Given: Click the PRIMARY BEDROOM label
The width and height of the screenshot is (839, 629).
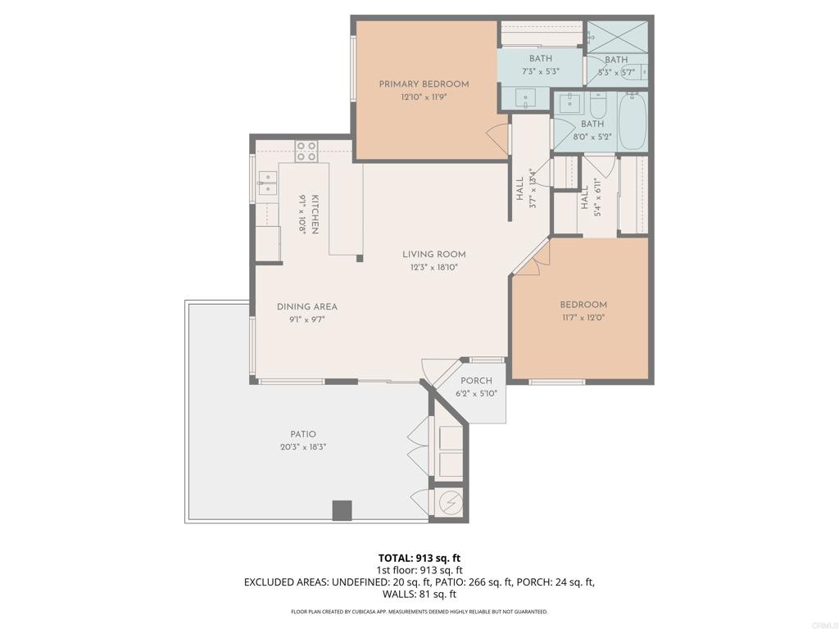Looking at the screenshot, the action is tap(424, 84).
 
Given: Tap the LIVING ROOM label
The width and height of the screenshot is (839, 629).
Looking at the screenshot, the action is tap(434, 255).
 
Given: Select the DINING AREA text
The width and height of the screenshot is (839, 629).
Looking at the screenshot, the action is tap(307, 307).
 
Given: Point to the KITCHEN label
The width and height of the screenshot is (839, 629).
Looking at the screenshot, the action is tap(315, 214).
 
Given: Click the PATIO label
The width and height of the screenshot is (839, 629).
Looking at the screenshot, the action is tap(303, 434).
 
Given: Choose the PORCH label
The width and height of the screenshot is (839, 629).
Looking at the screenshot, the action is tap(476, 381).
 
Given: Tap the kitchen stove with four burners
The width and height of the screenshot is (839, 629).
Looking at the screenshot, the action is tap(306, 151).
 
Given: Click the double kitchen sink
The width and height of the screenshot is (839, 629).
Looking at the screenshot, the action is tap(268, 183).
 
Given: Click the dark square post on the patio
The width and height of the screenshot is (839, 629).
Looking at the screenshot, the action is tap(342, 510).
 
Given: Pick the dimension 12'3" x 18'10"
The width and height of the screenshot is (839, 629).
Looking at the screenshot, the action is tap(434, 268).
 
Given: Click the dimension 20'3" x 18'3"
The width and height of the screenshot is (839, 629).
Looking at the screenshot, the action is tap(303, 447).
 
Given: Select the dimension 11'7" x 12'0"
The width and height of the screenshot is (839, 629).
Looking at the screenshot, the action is tap(583, 318).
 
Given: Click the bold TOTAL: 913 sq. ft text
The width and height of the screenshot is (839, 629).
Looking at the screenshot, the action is tap(419, 559).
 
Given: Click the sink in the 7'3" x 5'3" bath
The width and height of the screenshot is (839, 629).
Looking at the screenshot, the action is tap(525, 98).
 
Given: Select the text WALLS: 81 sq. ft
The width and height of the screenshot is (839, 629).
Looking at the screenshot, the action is tap(419, 594).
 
